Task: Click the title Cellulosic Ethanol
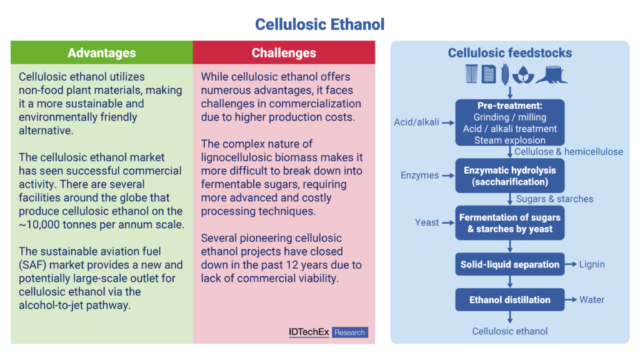[319, 24]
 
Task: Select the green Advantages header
[102, 52]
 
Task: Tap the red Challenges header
[284, 52]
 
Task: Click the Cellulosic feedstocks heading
[510, 52]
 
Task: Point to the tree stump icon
[551, 75]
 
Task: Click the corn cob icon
[505, 74]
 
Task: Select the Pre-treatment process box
[510, 122]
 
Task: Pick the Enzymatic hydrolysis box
[510, 176]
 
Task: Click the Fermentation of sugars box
[510, 223]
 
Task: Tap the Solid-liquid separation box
[510, 264]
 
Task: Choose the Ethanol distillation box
[510, 300]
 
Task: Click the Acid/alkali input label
[416, 122]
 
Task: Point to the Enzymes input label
[419, 176]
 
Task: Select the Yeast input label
[427, 222]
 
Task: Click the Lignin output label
[592, 264]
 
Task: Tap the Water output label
[592, 299]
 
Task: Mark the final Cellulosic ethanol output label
[510, 331]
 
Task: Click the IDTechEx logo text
[309, 332]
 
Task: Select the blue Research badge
[350, 332]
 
